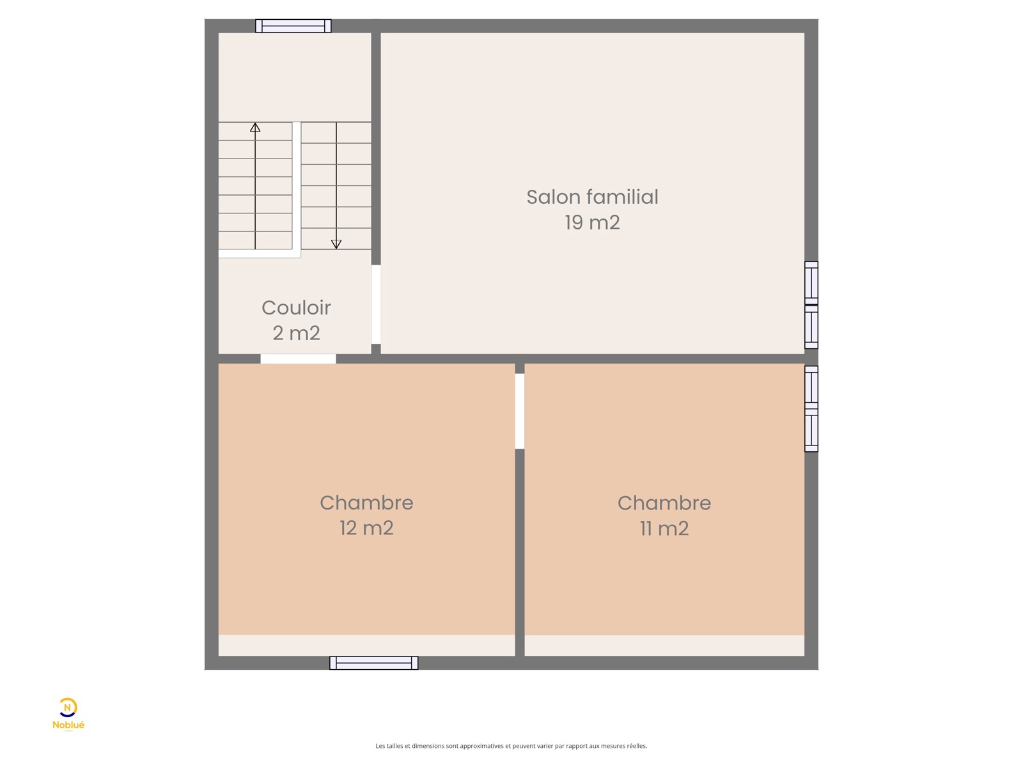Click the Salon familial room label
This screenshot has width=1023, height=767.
[x=592, y=197]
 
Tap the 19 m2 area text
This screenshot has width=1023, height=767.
[x=592, y=222]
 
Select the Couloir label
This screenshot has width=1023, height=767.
[x=296, y=307]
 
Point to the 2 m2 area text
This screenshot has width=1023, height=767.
[x=296, y=333]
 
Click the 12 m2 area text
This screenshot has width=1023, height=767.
[x=366, y=528]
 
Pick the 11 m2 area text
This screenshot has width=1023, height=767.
[x=664, y=529]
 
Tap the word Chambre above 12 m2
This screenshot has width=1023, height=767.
[x=366, y=502]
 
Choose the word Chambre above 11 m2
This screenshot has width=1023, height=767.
[x=664, y=503]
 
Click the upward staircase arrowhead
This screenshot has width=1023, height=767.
[x=255, y=127]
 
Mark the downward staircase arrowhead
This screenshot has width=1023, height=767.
[x=336, y=244]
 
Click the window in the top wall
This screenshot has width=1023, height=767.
[x=293, y=26]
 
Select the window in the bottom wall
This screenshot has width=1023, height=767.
[x=373, y=663]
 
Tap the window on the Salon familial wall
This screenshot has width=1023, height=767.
[x=811, y=305]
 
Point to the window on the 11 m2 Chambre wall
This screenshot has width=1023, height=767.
[x=811, y=409]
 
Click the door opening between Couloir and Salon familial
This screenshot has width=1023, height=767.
[x=376, y=305]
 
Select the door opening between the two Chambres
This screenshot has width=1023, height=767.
[x=520, y=411]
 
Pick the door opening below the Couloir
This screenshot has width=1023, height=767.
[x=298, y=359]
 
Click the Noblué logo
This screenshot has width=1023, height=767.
[x=68, y=715]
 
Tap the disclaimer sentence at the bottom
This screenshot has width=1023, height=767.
[x=511, y=746]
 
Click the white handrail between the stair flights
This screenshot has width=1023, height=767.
[x=297, y=186]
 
